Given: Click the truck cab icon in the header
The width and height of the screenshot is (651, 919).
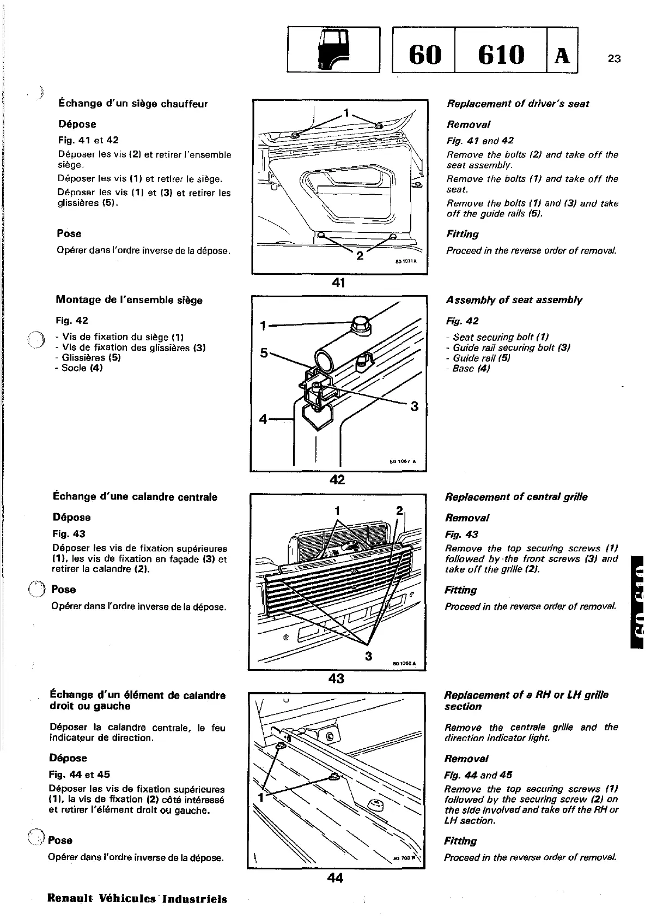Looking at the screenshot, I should click(x=333, y=50).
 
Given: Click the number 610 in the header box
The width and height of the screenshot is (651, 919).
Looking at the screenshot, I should click(x=500, y=54).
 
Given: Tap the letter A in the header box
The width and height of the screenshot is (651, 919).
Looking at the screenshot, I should click(x=562, y=55).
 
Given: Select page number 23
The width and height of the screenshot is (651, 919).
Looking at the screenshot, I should click(x=614, y=59).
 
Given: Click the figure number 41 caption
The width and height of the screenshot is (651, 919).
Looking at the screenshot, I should click(x=338, y=283).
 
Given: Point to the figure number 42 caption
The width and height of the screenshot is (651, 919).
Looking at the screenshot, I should click(x=337, y=479).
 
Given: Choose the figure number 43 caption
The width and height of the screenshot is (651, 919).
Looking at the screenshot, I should click(x=337, y=678).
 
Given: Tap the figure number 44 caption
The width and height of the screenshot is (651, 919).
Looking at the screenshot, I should click(x=335, y=878).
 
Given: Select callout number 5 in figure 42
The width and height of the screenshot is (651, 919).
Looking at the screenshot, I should click(x=264, y=353).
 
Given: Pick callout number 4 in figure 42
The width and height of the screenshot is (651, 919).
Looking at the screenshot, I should click(x=264, y=419).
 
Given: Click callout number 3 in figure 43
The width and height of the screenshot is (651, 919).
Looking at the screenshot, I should click(x=368, y=656).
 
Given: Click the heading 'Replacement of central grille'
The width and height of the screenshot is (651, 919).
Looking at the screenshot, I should click(x=516, y=497).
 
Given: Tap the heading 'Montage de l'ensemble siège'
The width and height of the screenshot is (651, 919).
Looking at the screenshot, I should click(x=129, y=300).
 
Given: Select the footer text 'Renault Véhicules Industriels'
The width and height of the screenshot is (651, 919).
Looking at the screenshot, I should click(x=137, y=899).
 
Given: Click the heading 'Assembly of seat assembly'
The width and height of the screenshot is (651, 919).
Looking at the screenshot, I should click(x=514, y=300).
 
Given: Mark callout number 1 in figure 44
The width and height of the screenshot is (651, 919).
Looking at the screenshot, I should click(x=260, y=798).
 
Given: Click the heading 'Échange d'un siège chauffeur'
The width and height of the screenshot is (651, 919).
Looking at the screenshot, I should click(x=133, y=104).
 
